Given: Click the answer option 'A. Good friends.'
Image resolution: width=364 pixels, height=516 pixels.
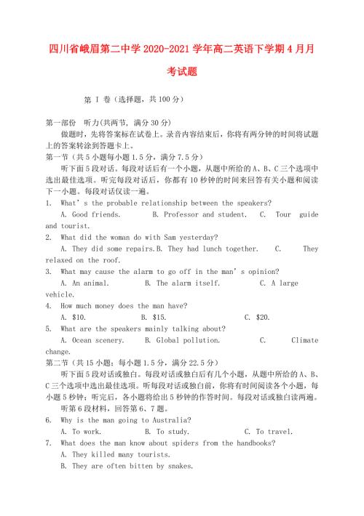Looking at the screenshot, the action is tap(90, 215).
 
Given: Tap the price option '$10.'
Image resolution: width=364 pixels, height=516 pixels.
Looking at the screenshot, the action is tap(74, 317).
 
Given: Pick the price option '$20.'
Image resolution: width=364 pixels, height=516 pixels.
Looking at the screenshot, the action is tap(258, 317).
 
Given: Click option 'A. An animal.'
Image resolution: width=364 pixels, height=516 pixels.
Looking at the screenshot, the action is tap(90, 283).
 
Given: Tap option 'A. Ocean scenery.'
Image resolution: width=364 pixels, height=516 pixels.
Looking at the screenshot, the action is tap(95, 340).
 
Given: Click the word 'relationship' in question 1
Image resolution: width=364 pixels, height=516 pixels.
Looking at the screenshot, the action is tap(174, 203).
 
